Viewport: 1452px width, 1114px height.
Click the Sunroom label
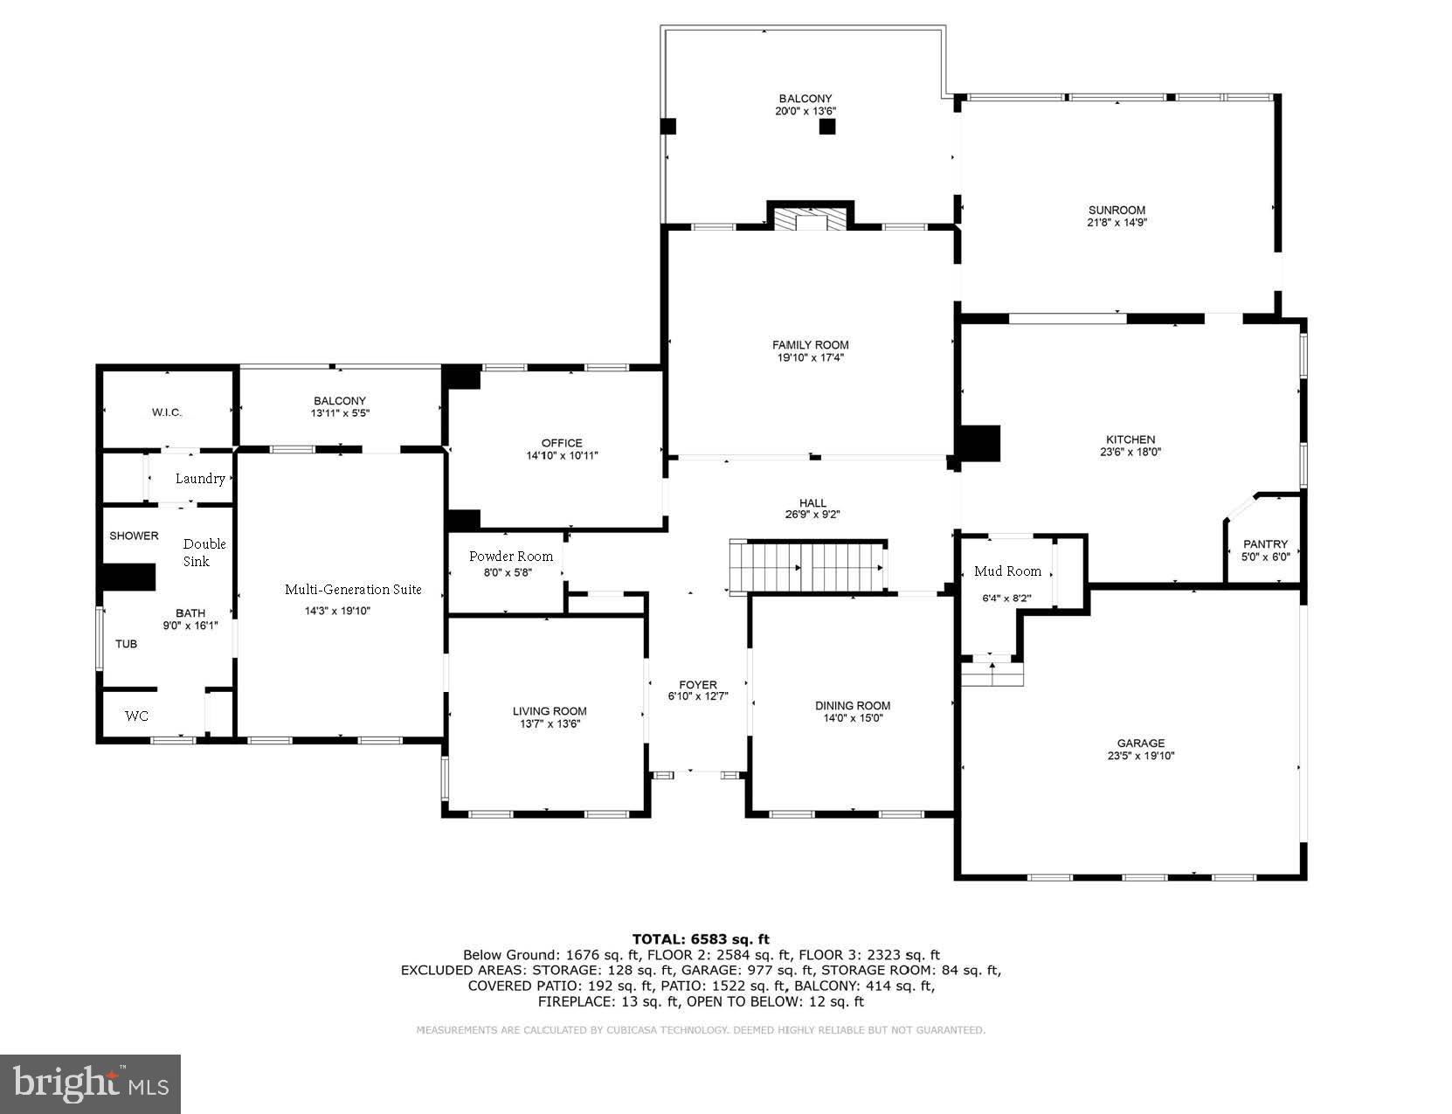pos(1117,210)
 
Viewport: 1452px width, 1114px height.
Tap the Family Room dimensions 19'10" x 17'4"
pos(810,357)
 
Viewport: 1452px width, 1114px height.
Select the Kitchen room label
pos(1130,439)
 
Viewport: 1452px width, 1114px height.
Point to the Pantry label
pos(1265,544)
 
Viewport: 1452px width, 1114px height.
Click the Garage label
pos(1140,744)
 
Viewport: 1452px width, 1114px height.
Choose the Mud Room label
pos(1007,571)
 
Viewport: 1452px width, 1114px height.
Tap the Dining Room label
pos(853,706)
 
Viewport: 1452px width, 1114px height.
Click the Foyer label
pos(697,685)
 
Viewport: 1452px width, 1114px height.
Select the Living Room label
pos(550,711)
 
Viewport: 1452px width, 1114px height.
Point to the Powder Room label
pos(510,557)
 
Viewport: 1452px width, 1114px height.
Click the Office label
pos(561,443)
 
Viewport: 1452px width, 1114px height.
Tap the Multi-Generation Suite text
pos(353,590)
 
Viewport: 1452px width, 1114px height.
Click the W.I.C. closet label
pos(167,412)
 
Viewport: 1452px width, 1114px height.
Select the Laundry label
pos(200,479)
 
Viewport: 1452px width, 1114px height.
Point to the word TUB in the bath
pos(127,644)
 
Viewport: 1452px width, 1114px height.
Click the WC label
pos(136,716)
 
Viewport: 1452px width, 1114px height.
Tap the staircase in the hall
pos(808,567)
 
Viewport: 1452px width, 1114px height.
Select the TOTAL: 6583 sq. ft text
pos(701,939)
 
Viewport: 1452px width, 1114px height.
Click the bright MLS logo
pos(91,1084)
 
